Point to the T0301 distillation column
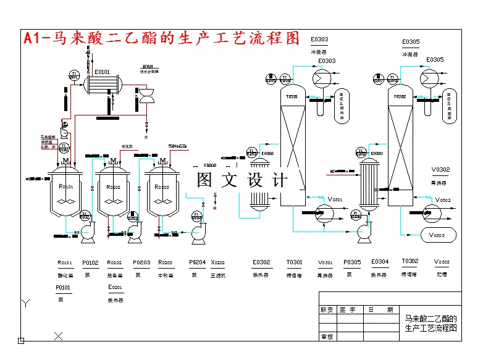tap(293, 148)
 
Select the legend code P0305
tap(352, 262)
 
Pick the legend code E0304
tap(380, 262)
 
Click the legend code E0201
tap(115, 288)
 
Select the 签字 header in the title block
tap(348, 310)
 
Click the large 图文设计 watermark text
tap(242, 180)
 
